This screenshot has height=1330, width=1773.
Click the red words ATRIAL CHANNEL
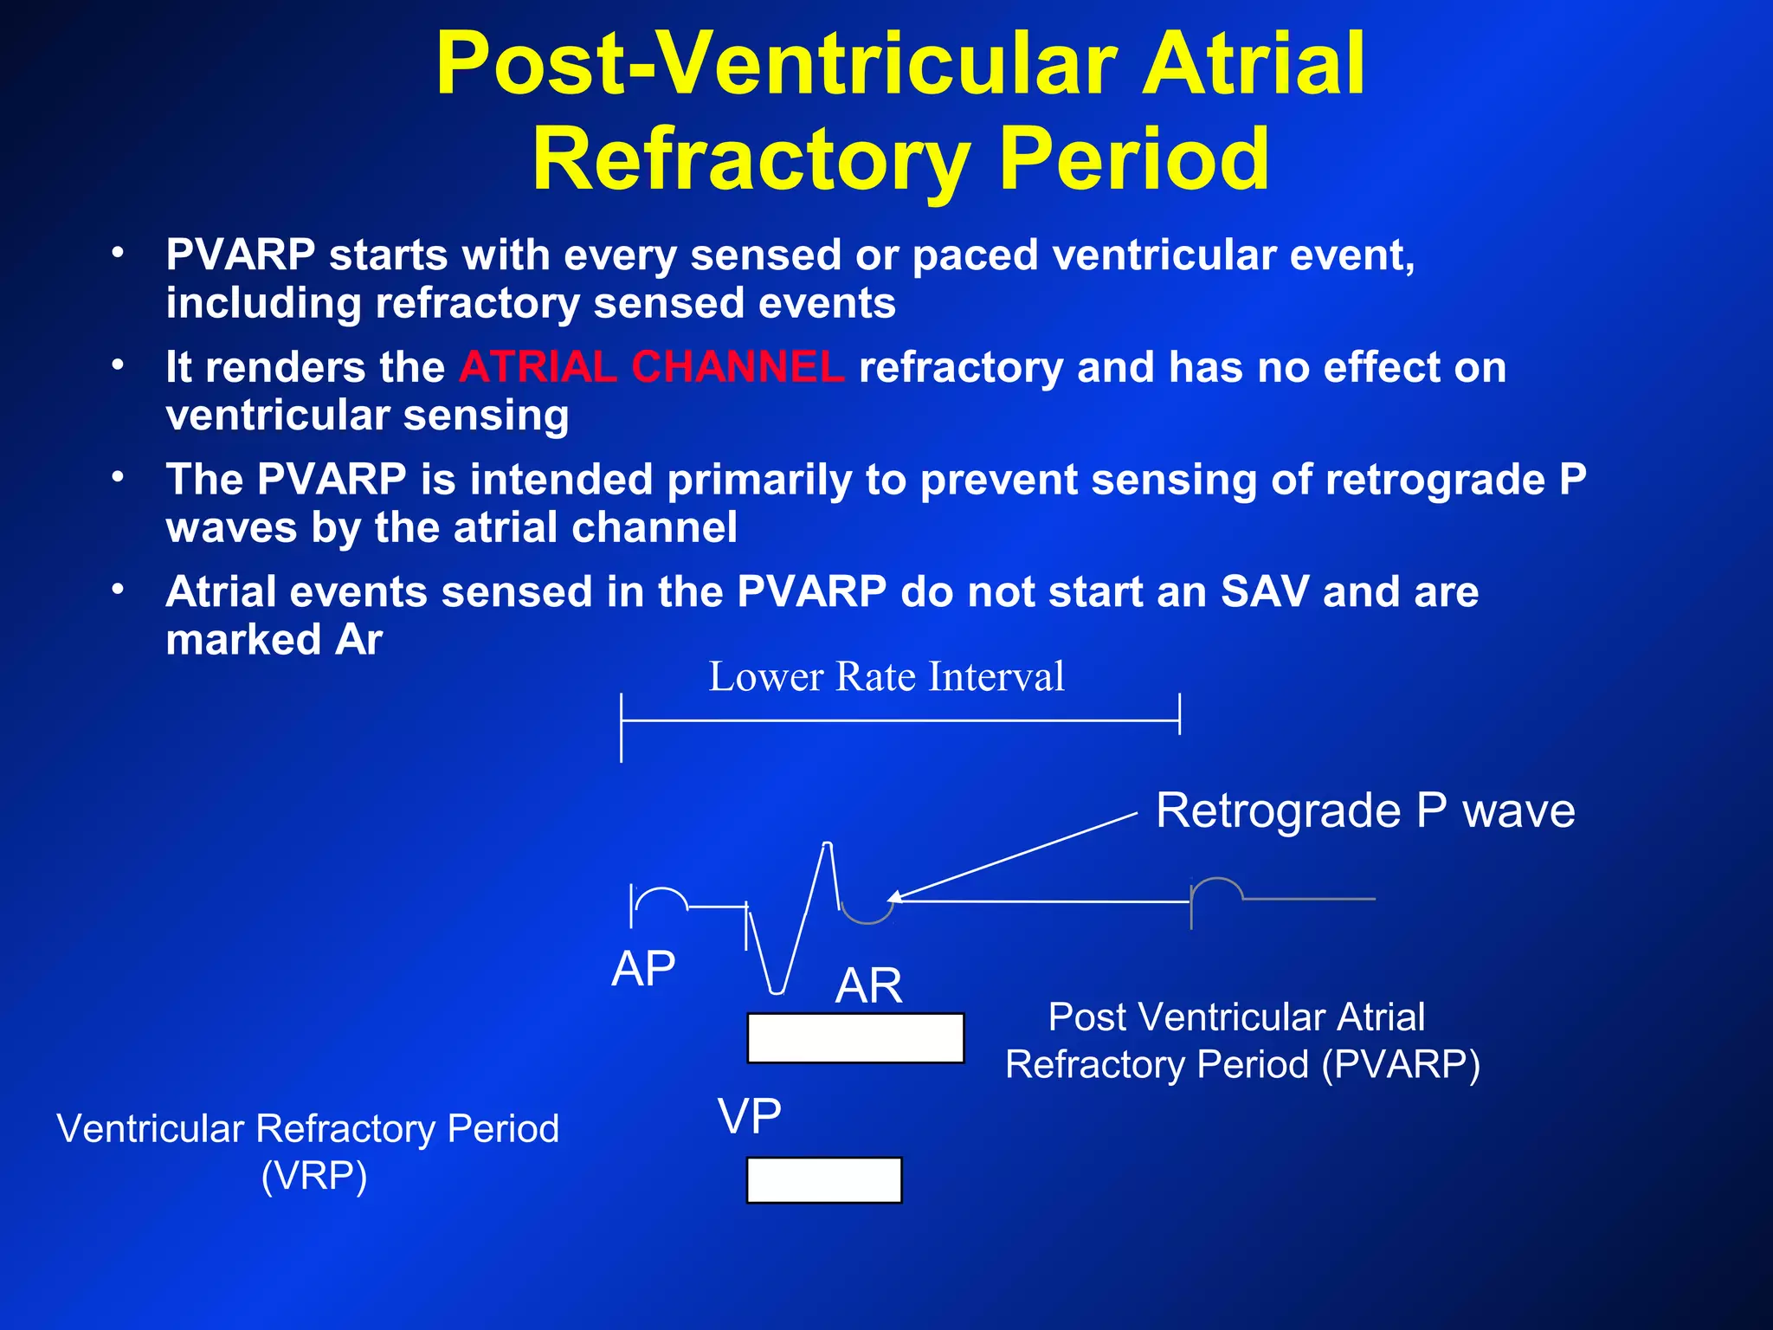point(651,366)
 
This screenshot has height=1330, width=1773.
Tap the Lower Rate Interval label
point(886,676)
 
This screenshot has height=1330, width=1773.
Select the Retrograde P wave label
point(1365,810)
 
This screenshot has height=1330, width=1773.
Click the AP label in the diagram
point(643,968)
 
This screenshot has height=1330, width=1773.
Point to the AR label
point(868,985)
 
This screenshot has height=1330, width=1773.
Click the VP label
point(750,1115)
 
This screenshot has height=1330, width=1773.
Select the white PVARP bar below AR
point(855,1037)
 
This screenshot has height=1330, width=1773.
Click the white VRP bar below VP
point(823,1180)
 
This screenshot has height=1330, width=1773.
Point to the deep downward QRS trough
point(777,991)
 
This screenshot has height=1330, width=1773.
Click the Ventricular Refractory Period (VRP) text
point(308,1152)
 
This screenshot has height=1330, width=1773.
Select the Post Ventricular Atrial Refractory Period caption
point(1241,1040)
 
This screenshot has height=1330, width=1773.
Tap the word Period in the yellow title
point(1134,159)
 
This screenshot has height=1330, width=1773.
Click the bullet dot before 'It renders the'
point(118,365)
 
